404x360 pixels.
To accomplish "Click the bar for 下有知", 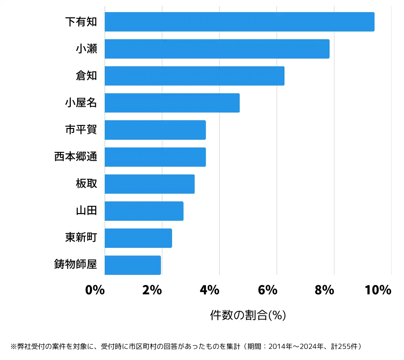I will pos(239,22).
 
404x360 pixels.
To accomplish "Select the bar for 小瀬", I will pos(217,49).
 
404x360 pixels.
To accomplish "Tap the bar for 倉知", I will pos(194,76).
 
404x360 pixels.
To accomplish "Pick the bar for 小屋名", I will pos(172,103).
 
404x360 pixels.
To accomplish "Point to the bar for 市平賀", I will pos(155,130).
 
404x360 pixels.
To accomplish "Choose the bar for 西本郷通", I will pos(155,157).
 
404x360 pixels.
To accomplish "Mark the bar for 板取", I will pos(149,184).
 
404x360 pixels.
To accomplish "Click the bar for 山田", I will pos(144,211).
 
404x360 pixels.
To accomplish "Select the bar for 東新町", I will pos(138,238).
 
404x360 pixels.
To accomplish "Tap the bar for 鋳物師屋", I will pos(133,265).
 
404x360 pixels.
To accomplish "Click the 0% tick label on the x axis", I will pos(95,290).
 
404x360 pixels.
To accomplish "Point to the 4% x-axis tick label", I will pos(209,290).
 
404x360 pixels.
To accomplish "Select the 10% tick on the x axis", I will pos(378,290).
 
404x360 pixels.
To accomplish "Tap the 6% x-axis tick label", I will pos(267,290).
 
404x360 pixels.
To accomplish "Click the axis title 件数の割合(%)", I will pos(248,315).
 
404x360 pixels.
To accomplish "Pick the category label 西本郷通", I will pos(76,157).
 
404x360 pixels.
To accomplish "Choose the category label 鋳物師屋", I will pos(76,264).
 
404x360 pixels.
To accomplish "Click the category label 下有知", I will pos(81,22).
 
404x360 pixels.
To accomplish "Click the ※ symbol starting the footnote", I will pos(13,347).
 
